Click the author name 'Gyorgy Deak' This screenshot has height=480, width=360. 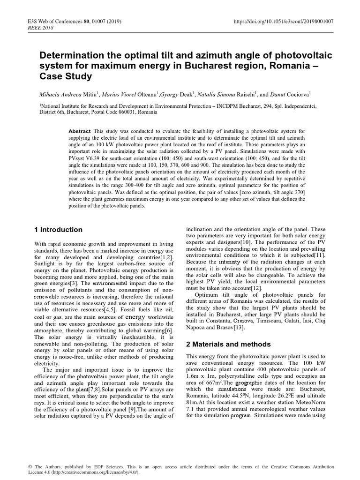(x=184, y=94)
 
